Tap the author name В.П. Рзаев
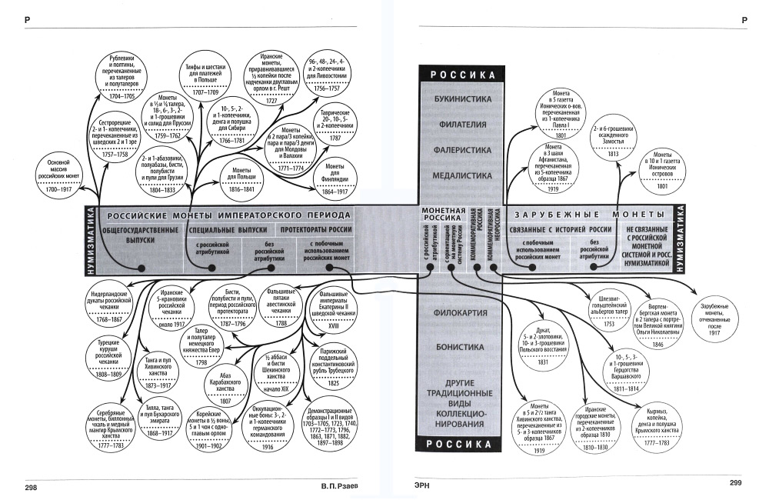[x=339, y=487]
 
